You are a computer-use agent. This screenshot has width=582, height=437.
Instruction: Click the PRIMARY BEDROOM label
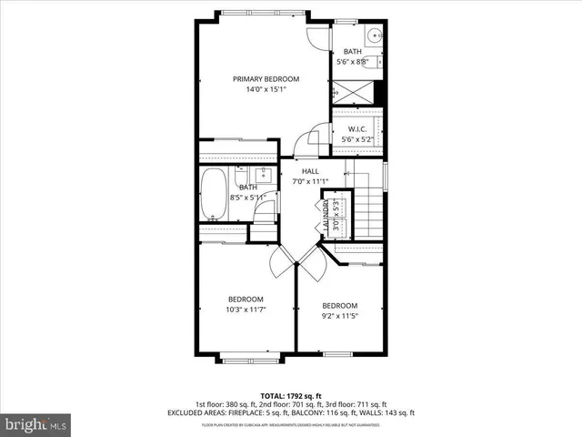tap(266, 79)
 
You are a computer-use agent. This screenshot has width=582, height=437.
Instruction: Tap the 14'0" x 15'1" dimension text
tap(266, 90)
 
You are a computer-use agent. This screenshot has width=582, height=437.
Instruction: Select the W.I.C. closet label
tap(357, 129)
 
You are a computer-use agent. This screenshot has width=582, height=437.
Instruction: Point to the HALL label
tap(310, 171)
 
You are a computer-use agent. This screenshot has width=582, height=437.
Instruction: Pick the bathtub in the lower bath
tap(214, 195)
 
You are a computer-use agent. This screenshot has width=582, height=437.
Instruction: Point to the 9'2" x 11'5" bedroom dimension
tap(339, 318)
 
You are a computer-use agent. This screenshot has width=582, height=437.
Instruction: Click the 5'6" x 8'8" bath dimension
tap(354, 63)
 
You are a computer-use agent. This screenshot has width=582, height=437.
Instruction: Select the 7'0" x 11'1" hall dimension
tap(310, 181)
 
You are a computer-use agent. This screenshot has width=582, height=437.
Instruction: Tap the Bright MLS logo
tap(35, 423)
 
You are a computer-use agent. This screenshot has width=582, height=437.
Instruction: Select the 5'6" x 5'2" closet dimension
tap(357, 139)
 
